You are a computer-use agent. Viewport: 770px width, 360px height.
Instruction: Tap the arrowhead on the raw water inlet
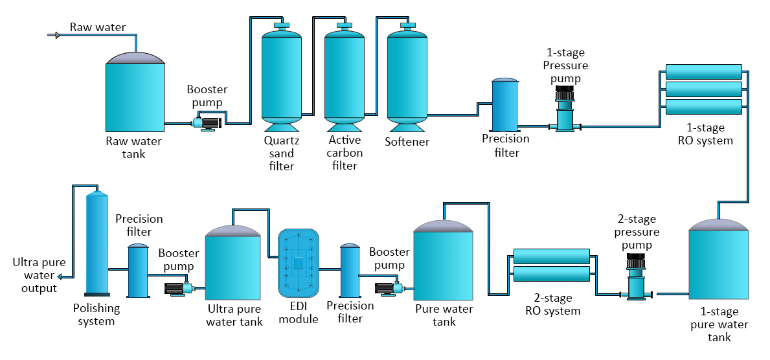pyautogui.click(x=57, y=35)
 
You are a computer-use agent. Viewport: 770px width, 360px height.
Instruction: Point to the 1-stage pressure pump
pyautogui.click(x=565, y=110)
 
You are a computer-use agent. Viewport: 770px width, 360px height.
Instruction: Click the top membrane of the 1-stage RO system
pyautogui.click(x=703, y=71)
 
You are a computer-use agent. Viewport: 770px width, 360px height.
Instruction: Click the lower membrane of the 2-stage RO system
pyautogui.click(x=552, y=274)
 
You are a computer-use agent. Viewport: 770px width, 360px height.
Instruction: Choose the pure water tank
pyautogui.click(x=443, y=262)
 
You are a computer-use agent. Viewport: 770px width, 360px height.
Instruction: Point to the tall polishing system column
pyautogui.click(x=97, y=243)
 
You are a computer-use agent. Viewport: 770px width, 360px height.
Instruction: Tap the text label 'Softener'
pyautogui.click(x=407, y=142)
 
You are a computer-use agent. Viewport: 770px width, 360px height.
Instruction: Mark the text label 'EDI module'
pyautogui.click(x=298, y=313)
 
